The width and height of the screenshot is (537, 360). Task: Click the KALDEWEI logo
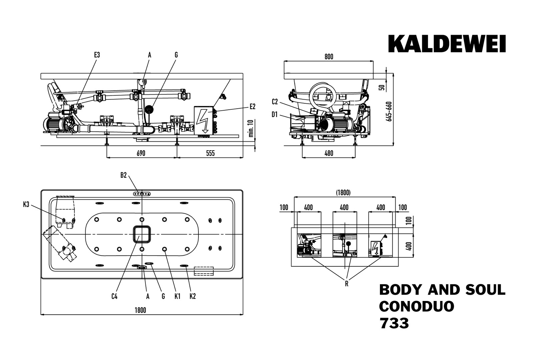pos(447,44)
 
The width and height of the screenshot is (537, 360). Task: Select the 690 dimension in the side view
pos(141,153)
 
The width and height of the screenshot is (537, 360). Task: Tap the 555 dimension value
pos(210,153)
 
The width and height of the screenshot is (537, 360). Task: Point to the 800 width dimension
pos(329,57)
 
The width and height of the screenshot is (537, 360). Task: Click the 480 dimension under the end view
pos(329,153)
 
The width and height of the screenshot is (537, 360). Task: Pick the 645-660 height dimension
pos(389,111)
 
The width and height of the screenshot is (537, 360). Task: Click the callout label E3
pos(97,55)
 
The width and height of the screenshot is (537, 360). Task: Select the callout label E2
pos(252,107)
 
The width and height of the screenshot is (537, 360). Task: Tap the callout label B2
pos(123,175)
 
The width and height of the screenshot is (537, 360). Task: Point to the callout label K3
pos(26,205)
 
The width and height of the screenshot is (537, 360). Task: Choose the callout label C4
pos(114,296)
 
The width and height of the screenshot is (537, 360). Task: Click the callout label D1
pos(275,115)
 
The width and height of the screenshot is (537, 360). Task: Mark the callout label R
pos(347,284)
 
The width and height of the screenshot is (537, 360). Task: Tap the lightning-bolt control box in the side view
pos(203,120)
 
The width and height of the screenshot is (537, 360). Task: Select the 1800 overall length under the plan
pos(140,310)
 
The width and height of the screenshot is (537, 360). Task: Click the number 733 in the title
pos(394,323)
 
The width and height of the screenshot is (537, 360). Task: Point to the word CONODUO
pos(417,306)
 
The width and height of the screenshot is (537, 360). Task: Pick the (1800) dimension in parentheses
pos(343,193)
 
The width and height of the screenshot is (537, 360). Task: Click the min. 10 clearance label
pos(251,128)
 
